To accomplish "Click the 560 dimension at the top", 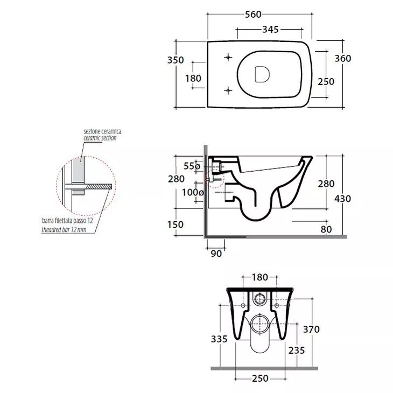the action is tap(253, 15).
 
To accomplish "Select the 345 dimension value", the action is tap(270, 30).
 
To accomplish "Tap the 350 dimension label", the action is tap(176, 60).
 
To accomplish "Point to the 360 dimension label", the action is tap(343, 58).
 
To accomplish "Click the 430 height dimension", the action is tap(342, 199).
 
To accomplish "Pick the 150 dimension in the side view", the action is tap(176, 224).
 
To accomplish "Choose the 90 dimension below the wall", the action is tap(216, 254).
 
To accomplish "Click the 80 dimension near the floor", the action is tap(326, 229).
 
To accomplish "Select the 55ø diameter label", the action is tap(192, 166).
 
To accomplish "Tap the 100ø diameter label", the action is tap(193, 193).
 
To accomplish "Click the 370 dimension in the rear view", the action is tap(311, 329).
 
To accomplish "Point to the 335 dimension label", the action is tap(219, 339).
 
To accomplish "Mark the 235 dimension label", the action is tap(297, 350).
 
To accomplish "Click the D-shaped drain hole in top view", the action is tap(262, 74).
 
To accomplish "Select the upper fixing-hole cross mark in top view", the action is tap(228, 58).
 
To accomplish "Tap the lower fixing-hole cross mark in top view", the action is tap(228, 90).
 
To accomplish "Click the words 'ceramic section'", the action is tap(100, 138).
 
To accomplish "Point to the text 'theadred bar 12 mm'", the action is tap(64, 229).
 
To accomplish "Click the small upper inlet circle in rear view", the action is tap(259, 299).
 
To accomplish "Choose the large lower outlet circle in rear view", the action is tap(259, 324).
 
